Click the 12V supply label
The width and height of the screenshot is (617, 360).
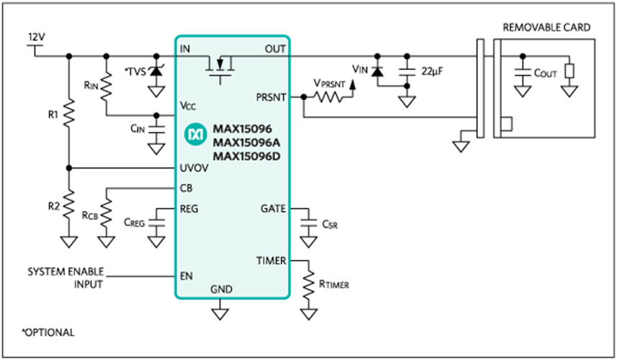pos(37,37)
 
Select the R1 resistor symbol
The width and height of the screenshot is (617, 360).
pos(69,113)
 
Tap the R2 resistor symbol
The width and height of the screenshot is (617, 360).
pos(69,204)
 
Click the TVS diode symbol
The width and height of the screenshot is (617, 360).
pos(156,71)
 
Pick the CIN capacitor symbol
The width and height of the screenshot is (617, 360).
pos(156,130)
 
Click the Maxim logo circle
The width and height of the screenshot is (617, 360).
pos(196,135)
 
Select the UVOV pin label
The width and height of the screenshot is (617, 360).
pos(194,168)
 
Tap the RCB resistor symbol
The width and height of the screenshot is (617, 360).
pos(107,213)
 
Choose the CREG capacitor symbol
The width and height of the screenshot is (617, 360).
pos(156,222)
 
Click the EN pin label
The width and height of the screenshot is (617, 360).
pos(186,276)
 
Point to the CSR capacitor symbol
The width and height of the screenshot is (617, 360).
pos(308,222)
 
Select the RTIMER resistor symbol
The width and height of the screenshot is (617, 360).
pos(308,284)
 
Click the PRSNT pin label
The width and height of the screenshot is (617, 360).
pos(271,97)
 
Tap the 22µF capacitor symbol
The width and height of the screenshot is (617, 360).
pos(407,71)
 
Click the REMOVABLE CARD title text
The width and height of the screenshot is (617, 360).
pos(546,27)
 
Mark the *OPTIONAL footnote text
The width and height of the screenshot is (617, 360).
pos(48,333)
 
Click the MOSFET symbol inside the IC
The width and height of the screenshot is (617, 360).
pos(220,68)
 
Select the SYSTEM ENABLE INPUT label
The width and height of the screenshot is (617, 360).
pos(66,278)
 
